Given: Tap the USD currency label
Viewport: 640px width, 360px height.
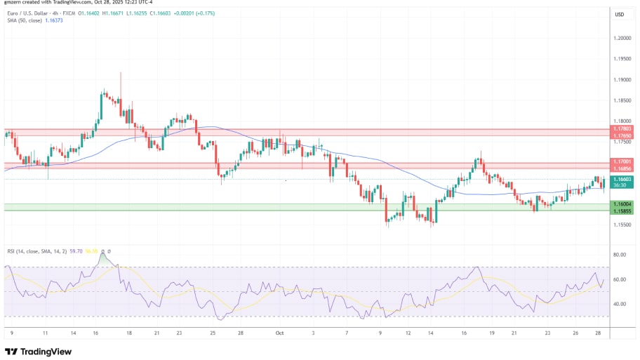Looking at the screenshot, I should pos(620,14).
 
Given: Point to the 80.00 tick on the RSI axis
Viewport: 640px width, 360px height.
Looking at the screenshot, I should pos(620,255).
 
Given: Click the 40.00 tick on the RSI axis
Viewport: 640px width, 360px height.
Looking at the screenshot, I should pos(620,304).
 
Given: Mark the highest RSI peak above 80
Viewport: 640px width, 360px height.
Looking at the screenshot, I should pos(103,255).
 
